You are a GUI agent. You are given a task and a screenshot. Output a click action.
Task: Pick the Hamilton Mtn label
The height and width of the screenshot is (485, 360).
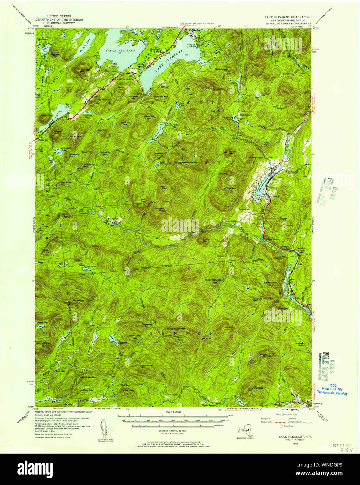coord(190,163)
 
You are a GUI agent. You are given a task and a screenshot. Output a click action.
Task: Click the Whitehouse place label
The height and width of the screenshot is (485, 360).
coord(113,219)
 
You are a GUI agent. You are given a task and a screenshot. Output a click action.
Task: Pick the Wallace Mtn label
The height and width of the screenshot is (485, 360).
coord(228,329)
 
